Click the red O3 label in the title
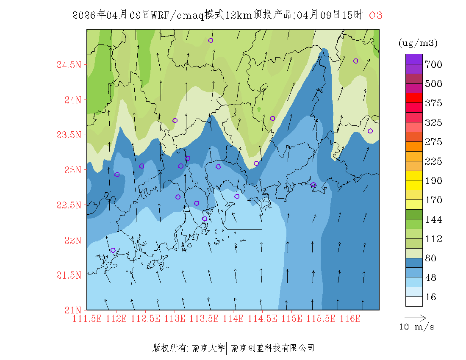(x=376, y=15)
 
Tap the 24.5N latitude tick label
(x=69, y=65)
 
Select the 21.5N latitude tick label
(x=69, y=275)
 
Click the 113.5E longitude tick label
(x=204, y=318)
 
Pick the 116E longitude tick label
(x=350, y=318)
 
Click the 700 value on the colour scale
(x=434, y=64)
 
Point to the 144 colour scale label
(x=434, y=219)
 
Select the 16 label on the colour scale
(x=431, y=297)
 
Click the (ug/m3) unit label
(x=418, y=43)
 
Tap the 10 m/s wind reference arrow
(x=415, y=317)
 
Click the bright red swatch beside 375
(x=414, y=98)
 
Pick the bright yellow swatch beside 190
(x=414, y=175)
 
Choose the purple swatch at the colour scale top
(x=414, y=59)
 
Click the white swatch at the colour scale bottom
(x=414, y=301)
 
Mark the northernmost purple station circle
(x=211, y=41)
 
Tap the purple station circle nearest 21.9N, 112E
(x=113, y=250)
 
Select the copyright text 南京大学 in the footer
(x=208, y=348)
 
